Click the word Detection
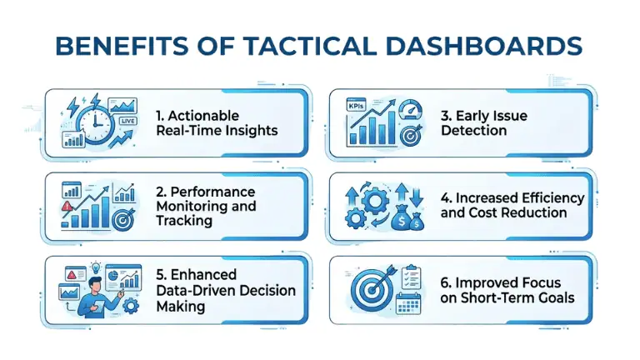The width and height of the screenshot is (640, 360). coord(476,132)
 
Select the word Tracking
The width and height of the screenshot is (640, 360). coord(185,221)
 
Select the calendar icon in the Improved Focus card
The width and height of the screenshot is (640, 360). coord(408,302)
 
